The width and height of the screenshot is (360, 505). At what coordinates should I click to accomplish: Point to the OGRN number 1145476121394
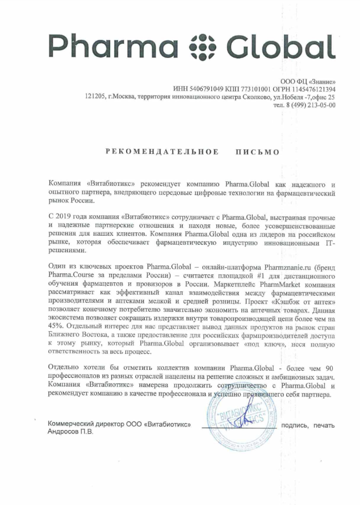312,89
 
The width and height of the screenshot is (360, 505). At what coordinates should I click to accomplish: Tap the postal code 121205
94,97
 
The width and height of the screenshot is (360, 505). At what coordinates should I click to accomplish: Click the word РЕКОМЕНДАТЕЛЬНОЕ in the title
162,152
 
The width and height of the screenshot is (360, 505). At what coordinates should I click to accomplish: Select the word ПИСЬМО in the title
257,152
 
